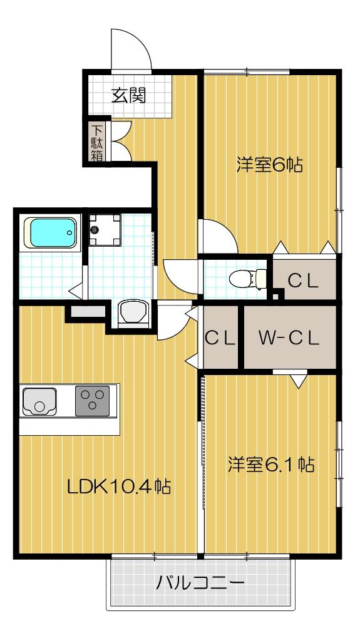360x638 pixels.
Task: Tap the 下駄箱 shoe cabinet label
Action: (x=96, y=143)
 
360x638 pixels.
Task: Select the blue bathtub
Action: (x=51, y=232)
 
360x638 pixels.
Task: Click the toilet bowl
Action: (x=247, y=279)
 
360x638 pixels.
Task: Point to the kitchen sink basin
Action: (x=39, y=401)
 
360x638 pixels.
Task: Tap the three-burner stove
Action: (x=92, y=401)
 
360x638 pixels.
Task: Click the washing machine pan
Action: (x=105, y=230)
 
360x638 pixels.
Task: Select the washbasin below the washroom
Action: (x=133, y=314)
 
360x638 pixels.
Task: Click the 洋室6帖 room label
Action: (x=270, y=165)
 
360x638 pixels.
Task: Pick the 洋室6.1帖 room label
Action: (x=270, y=465)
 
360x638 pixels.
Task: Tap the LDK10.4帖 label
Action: (x=119, y=486)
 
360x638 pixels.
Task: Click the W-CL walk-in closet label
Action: (x=289, y=338)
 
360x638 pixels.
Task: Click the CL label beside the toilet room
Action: (x=303, y=281)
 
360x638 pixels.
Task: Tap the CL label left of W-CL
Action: (x=220, y=337)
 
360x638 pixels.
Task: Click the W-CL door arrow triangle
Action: (x=299, y=381)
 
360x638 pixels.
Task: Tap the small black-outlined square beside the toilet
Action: (x=276, y=296)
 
